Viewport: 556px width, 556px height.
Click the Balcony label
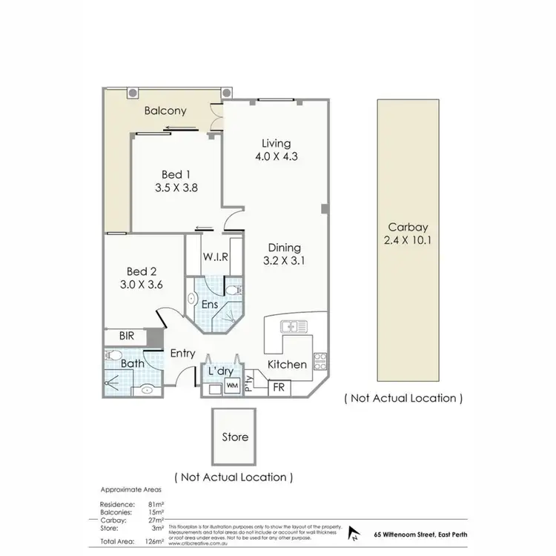[165, 111]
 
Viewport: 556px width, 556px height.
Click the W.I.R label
[215, 257]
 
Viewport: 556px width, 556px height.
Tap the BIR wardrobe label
[128, 337]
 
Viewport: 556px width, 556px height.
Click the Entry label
[182, 354]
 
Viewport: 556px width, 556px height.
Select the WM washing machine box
[231, 386]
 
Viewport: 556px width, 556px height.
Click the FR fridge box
[279, 388]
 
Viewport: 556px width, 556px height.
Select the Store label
[235, 437]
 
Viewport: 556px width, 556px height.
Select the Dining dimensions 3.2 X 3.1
[284, 261]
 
